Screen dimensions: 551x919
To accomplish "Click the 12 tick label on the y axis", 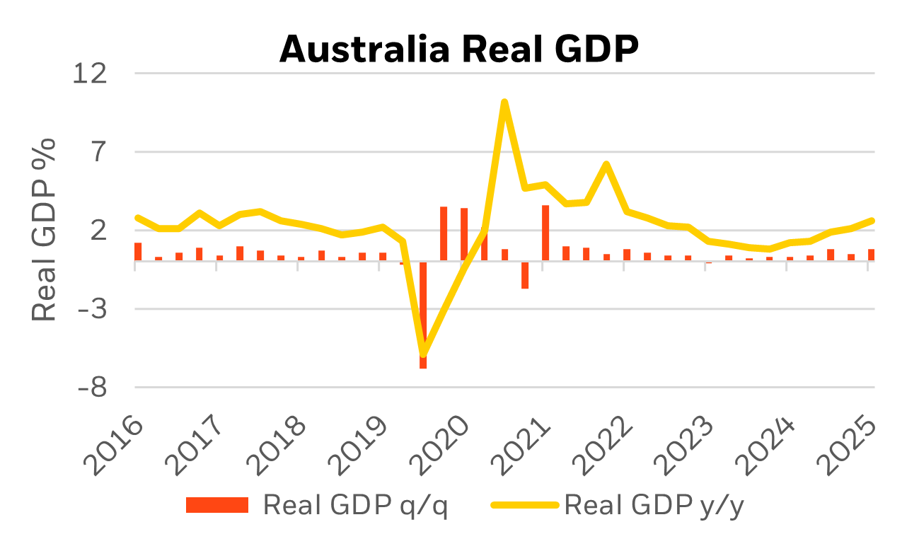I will tap(91, 73).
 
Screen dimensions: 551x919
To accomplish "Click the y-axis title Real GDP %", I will tap(45, 229).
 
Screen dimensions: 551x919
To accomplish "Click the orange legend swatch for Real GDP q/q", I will tap(217, 505).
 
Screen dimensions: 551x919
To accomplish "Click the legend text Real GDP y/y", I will tap(654, 505).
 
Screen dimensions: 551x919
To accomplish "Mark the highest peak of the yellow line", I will tap(504, 102).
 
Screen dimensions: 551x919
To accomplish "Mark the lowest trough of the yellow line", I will tap(423, 354).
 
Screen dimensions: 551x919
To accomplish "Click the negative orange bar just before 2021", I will tap(525, 275).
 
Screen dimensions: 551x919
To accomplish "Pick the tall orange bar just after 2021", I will tap(545, 233).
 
